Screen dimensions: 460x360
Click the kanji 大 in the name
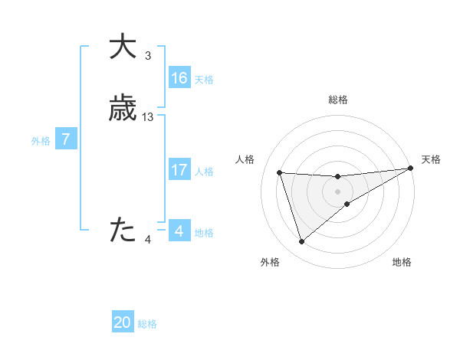123,47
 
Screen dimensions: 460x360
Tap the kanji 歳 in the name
123,110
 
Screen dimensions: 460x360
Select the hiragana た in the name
123,230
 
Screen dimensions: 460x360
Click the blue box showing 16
179,78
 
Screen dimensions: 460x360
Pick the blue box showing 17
179,170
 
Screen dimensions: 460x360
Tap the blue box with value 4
179,231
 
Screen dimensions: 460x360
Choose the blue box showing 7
66,139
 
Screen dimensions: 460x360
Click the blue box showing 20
123,322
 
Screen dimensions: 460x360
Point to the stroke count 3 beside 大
148,56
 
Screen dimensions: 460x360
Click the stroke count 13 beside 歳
148,117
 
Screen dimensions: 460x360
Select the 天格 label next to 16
204,80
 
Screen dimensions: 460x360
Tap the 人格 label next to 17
204,172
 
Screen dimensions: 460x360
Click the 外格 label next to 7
41,141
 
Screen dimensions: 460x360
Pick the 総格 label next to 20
147,324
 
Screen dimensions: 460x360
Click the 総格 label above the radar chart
337,100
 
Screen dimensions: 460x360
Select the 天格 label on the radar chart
431,159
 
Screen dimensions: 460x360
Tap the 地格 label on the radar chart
402,263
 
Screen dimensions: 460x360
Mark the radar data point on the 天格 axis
411,169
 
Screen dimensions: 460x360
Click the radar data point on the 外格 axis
301,242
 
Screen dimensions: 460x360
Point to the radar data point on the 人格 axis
280,173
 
